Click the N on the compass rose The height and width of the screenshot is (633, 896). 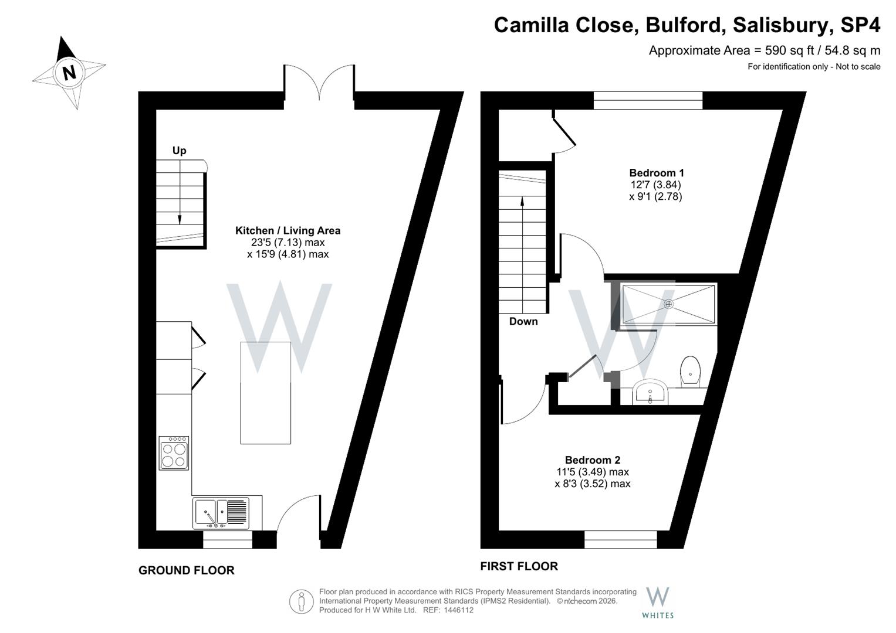tap(69, 73)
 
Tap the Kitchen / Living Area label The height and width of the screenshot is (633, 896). tap(288, 230)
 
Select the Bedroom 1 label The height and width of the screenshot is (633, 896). tap(657, 173)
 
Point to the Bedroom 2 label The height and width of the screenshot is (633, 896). tap(593, 460)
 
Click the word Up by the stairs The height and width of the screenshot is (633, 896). tap(179, 151)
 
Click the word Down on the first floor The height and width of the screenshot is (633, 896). tap(523, 321)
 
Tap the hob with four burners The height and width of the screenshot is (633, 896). tap(174, 453)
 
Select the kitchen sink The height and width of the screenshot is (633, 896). tap(221, 513)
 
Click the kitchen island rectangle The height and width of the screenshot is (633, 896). tap(266, 393)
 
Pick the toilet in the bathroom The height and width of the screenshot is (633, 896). tap(691, 372)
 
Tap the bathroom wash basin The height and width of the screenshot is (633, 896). tap(650, 392)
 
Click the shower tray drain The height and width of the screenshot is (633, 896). tap(668, 304)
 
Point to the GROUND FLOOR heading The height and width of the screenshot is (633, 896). tap(187, 570)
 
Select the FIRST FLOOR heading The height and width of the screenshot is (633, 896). tap(519, 566)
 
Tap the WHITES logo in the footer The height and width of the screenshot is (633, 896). tap(658, 603)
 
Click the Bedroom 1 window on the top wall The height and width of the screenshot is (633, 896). tap(648, 100)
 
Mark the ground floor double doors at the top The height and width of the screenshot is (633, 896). tap(319, 83)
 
